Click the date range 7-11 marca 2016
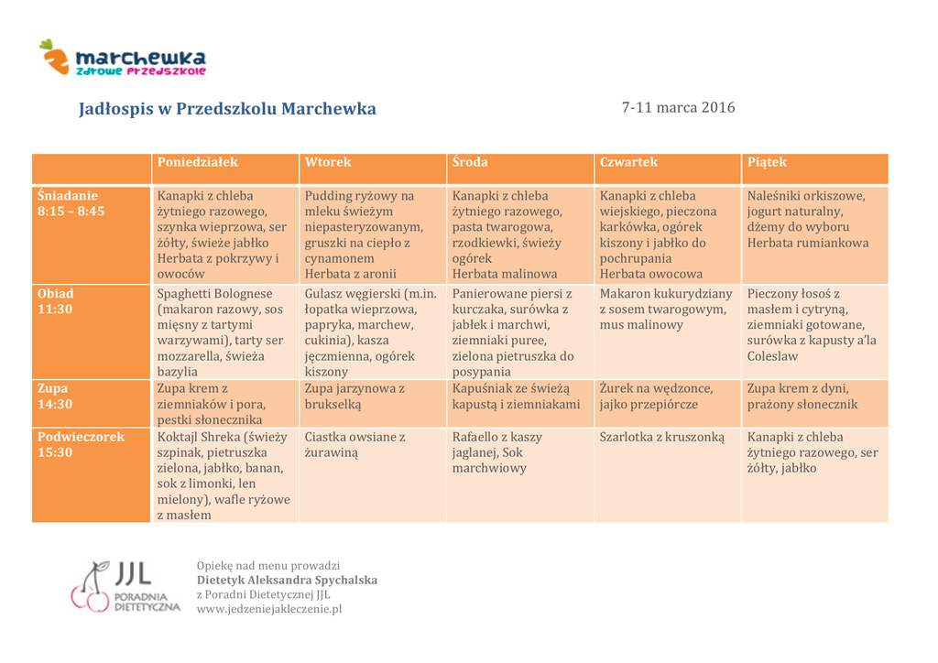point(678,107)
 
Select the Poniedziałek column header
point(197,162)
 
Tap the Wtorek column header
point(328,162)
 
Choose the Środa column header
point(470,162)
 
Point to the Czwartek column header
point(628,162)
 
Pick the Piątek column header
point(767,162)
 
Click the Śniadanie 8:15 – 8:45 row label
point(71,203)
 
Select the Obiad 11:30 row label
point(56,301)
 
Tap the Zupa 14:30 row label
point(55,396)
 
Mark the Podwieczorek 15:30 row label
point(81,444)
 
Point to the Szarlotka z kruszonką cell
point(661,437)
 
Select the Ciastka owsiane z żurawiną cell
point(355,444)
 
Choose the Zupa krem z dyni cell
point(802,396)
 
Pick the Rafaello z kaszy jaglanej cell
point(497,452)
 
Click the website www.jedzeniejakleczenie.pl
point(269,609)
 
